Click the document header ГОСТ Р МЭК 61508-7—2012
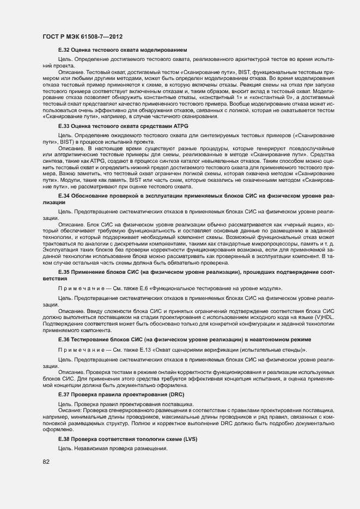click(82, 36)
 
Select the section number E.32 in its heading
click(64, 50)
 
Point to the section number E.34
click(64, 210)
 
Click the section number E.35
click(64, 271)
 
